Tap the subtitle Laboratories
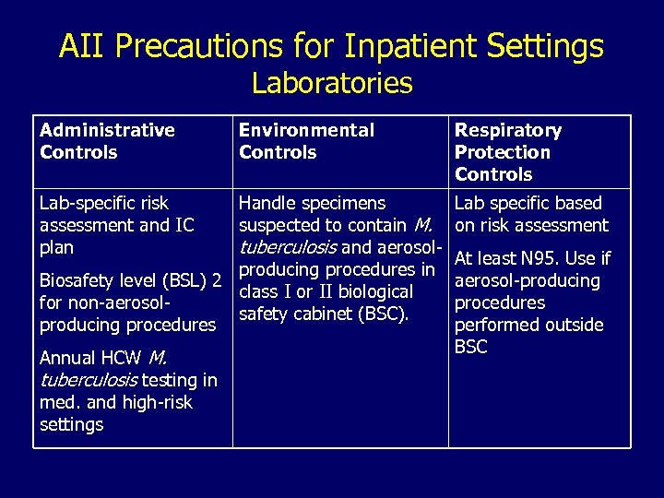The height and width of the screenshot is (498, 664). pos(332,83)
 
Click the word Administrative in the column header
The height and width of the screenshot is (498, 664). pos(107,130)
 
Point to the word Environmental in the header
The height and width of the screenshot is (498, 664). pos(306,130)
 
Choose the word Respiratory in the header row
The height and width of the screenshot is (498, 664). pos(507,130)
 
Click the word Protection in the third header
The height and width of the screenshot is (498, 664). pos(502,152)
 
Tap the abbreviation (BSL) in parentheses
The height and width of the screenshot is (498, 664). pos(184,280)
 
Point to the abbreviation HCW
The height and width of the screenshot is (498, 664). pos(122,358)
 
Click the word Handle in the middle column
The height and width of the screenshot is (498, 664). pos(267,203)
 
